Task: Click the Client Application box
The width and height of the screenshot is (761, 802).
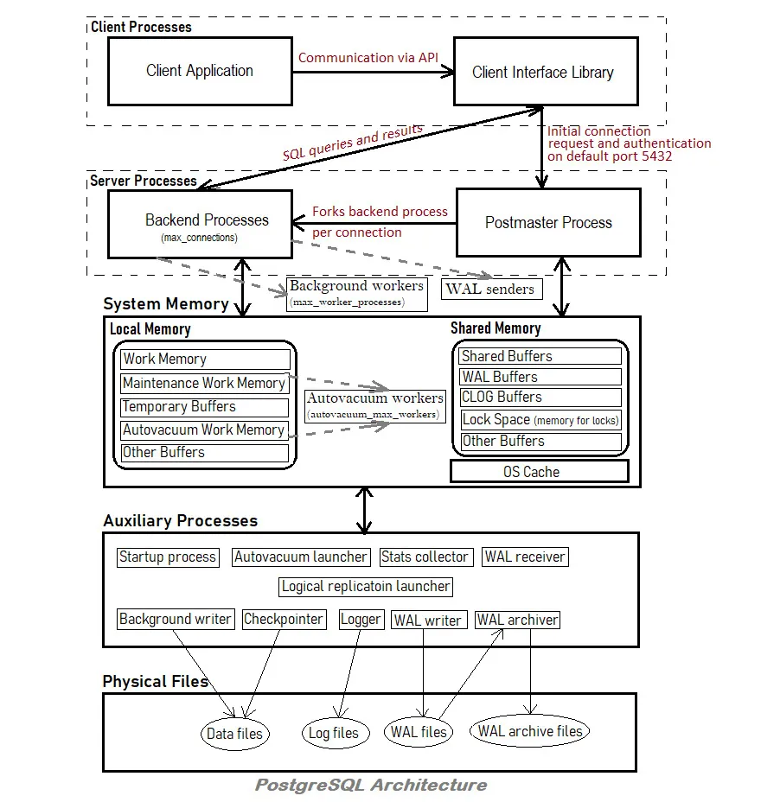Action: coord(200,71)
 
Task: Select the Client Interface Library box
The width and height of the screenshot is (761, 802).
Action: coord(546,71)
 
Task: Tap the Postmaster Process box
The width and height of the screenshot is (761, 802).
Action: coord(548,222)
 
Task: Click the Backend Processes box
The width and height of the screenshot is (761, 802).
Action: coord(200,224)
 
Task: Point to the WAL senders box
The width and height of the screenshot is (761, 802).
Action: coord(492,289)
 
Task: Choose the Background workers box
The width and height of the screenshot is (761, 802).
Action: coord(356,294)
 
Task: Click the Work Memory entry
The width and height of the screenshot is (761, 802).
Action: coord(205,359)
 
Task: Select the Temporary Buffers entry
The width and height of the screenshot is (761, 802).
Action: coord(205,407)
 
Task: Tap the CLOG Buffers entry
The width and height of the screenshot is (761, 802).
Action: coord(540,398)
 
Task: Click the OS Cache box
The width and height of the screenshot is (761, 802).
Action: coord(540,472)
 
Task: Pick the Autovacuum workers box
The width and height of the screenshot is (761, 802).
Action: coord(375,406)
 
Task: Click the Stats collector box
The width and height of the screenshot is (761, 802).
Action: coord(426,557)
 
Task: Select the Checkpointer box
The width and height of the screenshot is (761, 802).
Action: coord(284,620)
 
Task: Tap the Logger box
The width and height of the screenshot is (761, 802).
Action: coord(361,620)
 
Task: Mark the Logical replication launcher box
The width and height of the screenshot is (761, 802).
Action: coord(366,587)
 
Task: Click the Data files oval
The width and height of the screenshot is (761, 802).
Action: coord(235,734)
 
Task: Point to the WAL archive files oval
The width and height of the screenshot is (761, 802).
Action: coord(530,731)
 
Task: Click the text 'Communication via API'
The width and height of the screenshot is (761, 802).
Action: coord(368,58)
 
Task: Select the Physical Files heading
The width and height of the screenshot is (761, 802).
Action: coord(156,681)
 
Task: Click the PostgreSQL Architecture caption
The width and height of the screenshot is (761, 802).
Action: coord(371,785)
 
